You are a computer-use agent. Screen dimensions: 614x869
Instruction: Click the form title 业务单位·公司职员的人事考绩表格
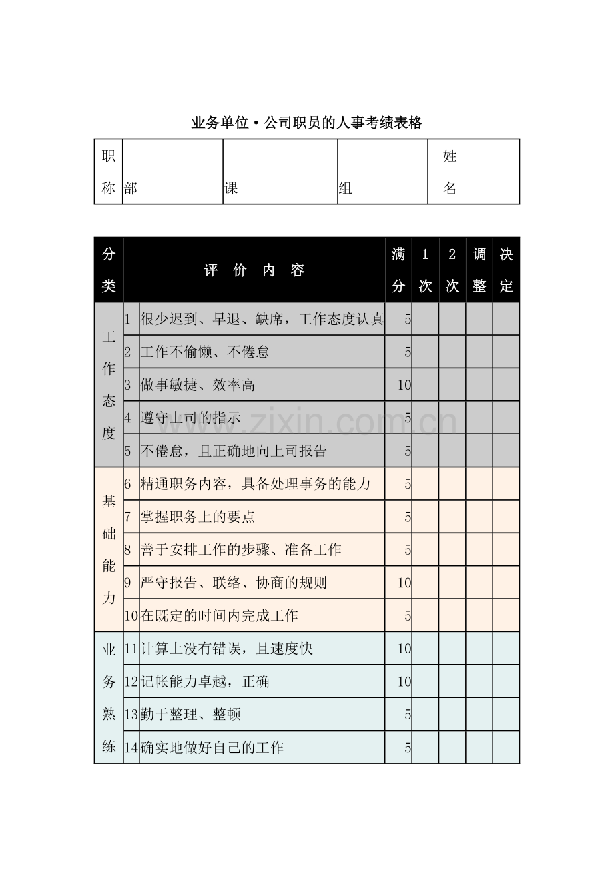pyautogui.click(x=307, y=123)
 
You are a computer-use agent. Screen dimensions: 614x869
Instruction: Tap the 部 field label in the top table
pyautogui.click(x=131, y=188)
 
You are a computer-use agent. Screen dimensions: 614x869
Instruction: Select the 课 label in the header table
pyautogui.click(x=231, y=188)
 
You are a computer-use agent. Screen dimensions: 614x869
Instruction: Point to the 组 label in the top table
pyautogui.click(x=345, y=188)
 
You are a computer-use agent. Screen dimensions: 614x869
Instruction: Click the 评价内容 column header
pyautogui.click(x=254, y=270)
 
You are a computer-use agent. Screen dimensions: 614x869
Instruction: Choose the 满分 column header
pyautogui.click(x=398, y=270)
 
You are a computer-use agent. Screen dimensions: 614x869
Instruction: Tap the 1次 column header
pyautogui.click(x=425, y=270)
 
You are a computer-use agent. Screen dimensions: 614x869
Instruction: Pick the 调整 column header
pyautogui.click(x=479, y=270)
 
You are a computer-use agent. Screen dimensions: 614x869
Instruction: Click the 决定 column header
pyautogui.click(x=506, y=270)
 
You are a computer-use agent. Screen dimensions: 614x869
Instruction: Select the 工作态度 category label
pyautogui.click(x=109, y=385)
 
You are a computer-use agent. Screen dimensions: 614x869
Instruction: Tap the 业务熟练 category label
pyautogui.click(x=109, y=698)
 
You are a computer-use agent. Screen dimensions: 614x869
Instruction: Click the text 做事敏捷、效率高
pyautogui.click(x=198, y=385)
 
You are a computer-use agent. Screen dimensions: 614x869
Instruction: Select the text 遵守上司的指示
pyautogui.click(x=190, y=418)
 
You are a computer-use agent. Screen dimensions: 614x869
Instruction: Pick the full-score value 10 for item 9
pyautogui.click(x=404, y=583)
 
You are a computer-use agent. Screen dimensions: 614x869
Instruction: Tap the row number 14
pyautogui.click(x=131, y=748)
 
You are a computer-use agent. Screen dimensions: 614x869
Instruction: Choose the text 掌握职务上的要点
pyautogui.click(x=198, y=517)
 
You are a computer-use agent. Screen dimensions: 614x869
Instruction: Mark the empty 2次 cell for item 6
pyautogui.click(x=452, y=484)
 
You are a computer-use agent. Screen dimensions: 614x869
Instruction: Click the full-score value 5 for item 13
pyautogui.click(x=407, y=715)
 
